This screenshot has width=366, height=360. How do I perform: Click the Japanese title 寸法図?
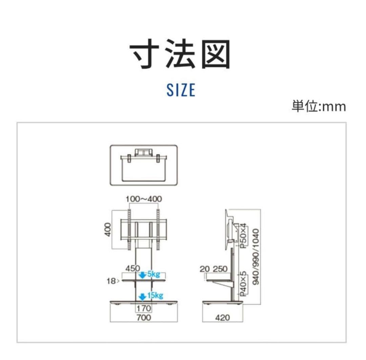point(180,55)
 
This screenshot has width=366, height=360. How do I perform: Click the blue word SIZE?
point(181,89)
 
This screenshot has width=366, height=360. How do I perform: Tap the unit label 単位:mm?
point(319,106)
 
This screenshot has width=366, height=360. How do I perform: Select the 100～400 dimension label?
point(143,199)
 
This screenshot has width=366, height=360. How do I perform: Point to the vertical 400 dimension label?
point(108,230)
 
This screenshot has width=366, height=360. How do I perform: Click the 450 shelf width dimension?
point(133,268)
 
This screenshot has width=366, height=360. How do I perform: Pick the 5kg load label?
point(154,274)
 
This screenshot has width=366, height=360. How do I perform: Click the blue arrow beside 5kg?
point(143,275)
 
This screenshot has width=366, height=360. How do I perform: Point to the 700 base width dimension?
point(144,318)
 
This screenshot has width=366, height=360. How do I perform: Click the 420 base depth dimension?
point(222,318)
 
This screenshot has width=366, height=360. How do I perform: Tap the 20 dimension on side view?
point(205,269)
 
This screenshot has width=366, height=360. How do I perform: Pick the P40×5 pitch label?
point(243,283)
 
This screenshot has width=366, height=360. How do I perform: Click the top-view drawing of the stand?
point(144,165)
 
